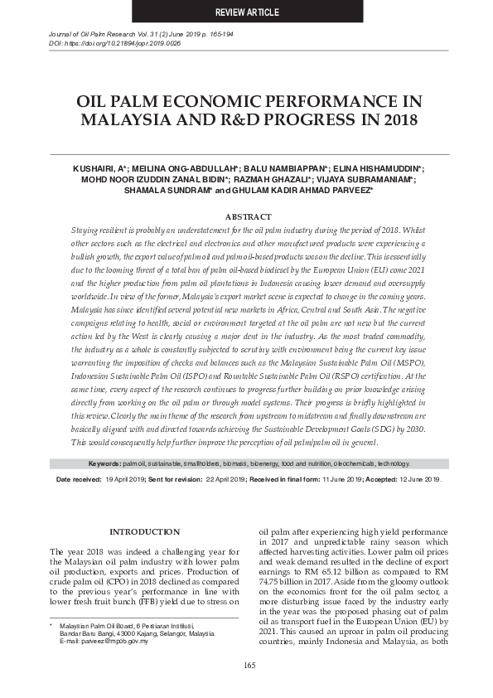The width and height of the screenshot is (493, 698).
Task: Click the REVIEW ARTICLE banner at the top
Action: pos(247,12)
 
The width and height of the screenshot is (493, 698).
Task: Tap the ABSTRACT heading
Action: pos(248,216)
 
